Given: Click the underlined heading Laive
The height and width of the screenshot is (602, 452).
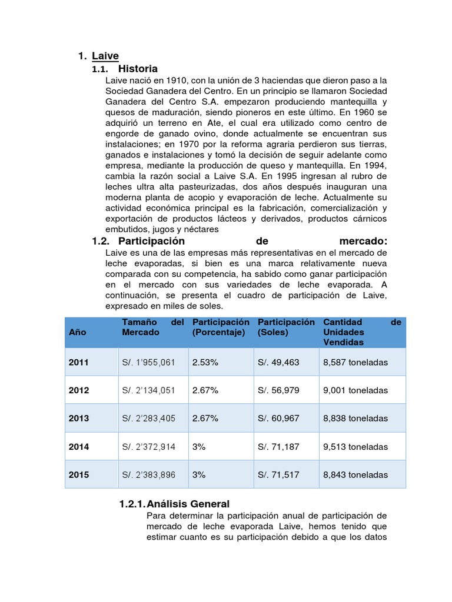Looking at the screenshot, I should point(105,56).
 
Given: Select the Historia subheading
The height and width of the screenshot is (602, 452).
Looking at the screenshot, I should point(138,69).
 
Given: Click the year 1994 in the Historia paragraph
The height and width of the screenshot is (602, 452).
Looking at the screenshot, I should point(374,165).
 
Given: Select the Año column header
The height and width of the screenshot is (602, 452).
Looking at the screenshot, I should point(78,332).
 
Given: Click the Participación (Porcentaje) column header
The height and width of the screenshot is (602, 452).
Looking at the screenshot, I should point(221,327).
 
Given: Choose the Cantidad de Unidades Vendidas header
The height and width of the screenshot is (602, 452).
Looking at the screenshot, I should point(361,332).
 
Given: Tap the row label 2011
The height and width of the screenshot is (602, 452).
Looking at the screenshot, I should point(79,363).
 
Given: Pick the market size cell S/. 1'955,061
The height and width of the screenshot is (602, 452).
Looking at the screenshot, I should point(149,363).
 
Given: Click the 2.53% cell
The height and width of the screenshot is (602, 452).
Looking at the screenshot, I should point(205,363).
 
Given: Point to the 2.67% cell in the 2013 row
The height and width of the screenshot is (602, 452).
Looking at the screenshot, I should point(205,419).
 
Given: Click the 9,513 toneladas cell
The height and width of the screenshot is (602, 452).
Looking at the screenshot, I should point(355,447).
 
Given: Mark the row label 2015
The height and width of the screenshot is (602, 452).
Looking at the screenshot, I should point(79,475).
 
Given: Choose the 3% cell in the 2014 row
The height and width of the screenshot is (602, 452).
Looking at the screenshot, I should point(199,447).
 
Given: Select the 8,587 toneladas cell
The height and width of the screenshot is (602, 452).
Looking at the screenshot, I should point(355,363).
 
